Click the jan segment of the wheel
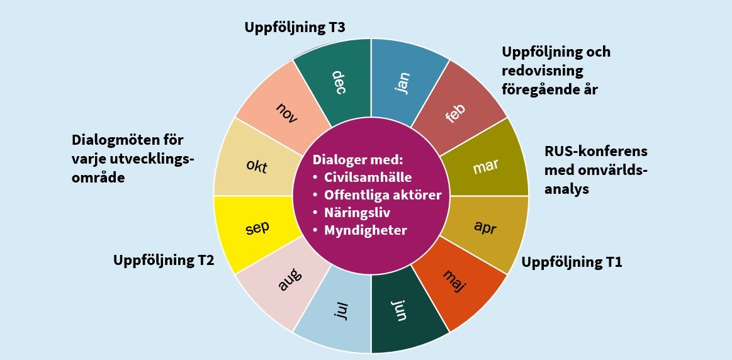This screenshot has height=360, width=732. point(403,82)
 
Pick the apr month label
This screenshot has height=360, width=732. point(485,227)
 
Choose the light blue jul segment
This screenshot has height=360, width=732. point(341,311)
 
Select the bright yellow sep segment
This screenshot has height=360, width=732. point(257,227)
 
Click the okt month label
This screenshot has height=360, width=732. point(257,167)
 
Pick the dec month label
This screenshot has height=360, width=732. point(340,81)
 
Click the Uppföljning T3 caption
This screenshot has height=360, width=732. point(295,27)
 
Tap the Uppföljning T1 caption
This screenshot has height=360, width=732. point(572,262)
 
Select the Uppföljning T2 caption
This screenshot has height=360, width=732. point(164,260)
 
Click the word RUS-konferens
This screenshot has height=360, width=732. point(595,152)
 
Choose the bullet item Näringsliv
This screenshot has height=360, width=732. point(357,212)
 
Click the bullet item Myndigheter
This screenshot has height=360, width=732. point(365,230)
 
